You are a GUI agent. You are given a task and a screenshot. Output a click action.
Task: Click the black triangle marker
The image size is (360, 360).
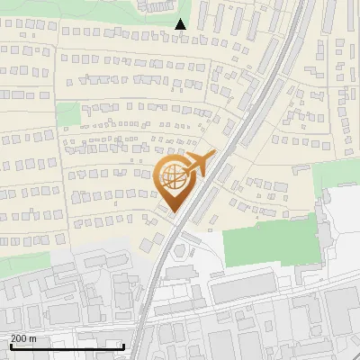tap(181, 24)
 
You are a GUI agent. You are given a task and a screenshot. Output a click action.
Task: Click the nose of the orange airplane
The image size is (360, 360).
tap(212, 155)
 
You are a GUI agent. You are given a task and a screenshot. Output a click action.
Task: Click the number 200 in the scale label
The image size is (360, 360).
tap(19, 337)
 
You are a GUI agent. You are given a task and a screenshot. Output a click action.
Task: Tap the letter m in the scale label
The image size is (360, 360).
tap(32, 337)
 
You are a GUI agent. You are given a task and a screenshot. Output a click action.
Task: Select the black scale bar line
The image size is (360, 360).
tap(67, 346)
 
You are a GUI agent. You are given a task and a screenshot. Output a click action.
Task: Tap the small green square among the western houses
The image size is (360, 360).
tap(68, 114)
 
